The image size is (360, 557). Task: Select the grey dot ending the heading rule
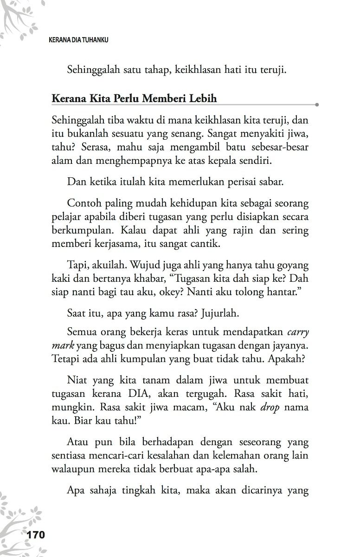point(317,105)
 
